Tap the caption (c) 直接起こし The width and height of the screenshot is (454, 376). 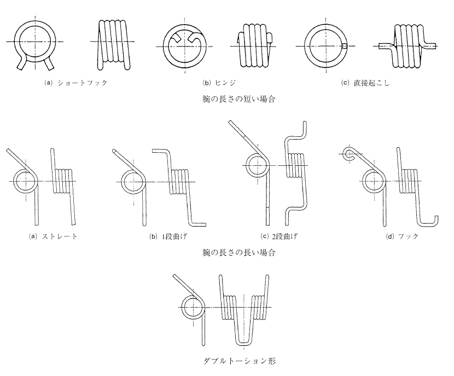[x=362, y=84]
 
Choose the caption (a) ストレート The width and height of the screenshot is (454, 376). [x=39, y=236]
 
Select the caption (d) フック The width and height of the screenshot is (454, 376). [x=397, y=236]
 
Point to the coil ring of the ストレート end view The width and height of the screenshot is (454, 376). [x=23, y=181]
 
